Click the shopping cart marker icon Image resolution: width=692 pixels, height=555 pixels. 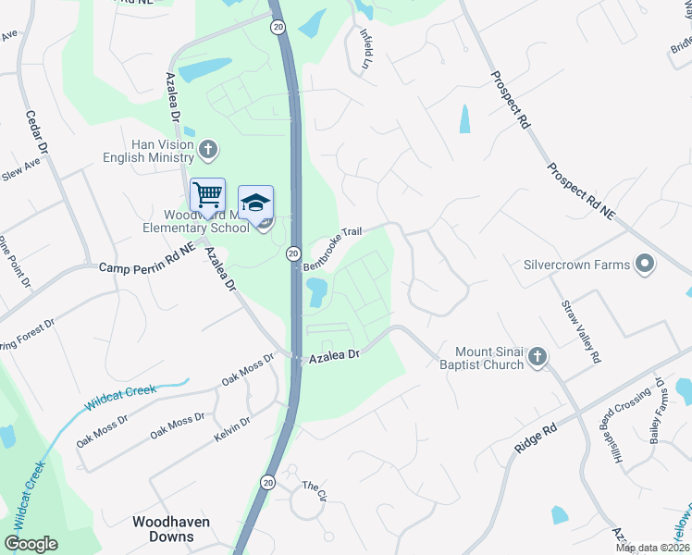208,195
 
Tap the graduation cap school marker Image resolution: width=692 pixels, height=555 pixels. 256,203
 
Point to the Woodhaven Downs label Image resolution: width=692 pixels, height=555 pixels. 171,529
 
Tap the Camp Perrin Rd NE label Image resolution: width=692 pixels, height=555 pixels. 148,266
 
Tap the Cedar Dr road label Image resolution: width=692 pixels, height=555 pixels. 36,131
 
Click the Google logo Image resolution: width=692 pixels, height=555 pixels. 31,544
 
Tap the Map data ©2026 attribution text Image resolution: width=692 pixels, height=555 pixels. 652,548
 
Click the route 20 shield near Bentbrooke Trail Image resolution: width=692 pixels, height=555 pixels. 293,253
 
